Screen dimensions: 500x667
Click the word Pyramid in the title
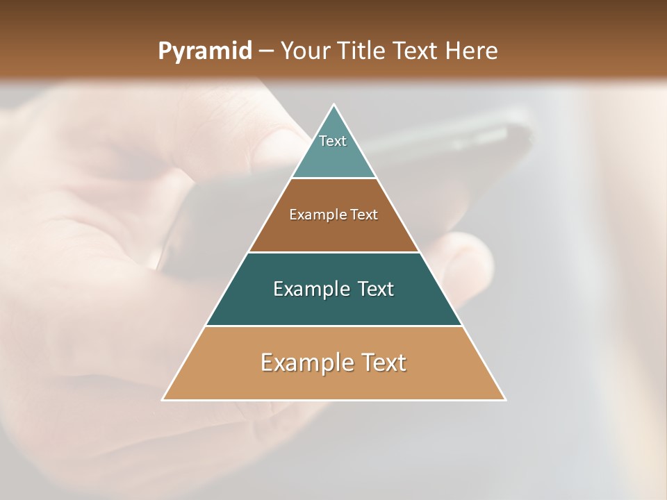coord(204,51)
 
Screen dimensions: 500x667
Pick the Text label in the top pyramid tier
coord(333,141)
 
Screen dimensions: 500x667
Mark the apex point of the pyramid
coord(334,105)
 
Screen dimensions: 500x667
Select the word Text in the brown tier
coord(363,215)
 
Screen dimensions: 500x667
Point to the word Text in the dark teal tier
coord(376,289)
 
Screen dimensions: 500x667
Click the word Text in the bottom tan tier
coord(382,362)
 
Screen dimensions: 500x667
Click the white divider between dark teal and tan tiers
coord(333,326)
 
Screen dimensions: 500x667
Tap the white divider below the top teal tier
coord(333,178)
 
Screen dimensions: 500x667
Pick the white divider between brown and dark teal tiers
coord(333,252)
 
